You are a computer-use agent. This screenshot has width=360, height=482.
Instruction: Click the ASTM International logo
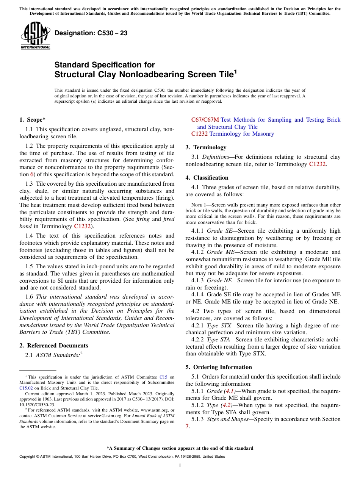(x=35, y=36)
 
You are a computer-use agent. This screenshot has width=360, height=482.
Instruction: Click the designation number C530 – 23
(x=91, y=33)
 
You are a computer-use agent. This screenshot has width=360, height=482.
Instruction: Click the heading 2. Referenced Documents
(x=54, y=346)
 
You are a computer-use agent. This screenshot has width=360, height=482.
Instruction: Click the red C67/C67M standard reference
(x=205, y=120)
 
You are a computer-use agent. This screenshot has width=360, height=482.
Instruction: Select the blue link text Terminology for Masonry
(x=241, y=134)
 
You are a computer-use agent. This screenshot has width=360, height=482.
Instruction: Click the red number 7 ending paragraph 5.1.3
(x=187, y=426)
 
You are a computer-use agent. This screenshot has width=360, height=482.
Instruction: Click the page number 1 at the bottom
(x=180, y=466)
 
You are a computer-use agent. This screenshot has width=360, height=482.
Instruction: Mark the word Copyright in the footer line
(x=27, y=457)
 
